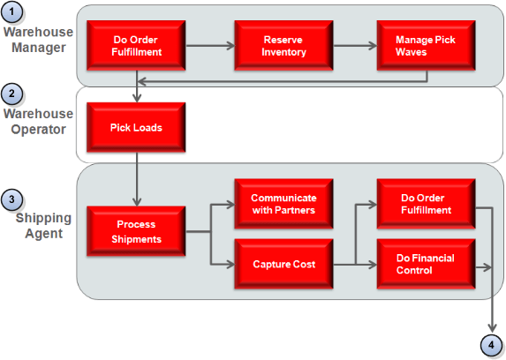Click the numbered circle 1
[x=12, y=13]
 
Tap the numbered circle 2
[x=12, y=94]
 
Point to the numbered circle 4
[x=491, y=344]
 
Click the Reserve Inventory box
[x=283, y=46]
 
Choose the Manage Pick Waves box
[x=425, y=46]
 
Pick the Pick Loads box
[x=135, y=127]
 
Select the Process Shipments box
[x=135, y=231]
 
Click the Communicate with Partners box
[x=283, y=204]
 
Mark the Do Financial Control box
[x=425, y=264]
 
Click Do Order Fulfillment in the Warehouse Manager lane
[x=137, y=46]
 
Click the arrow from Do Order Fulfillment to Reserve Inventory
[x=209, y=47]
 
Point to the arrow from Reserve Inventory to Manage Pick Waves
[x=353, y=47]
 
